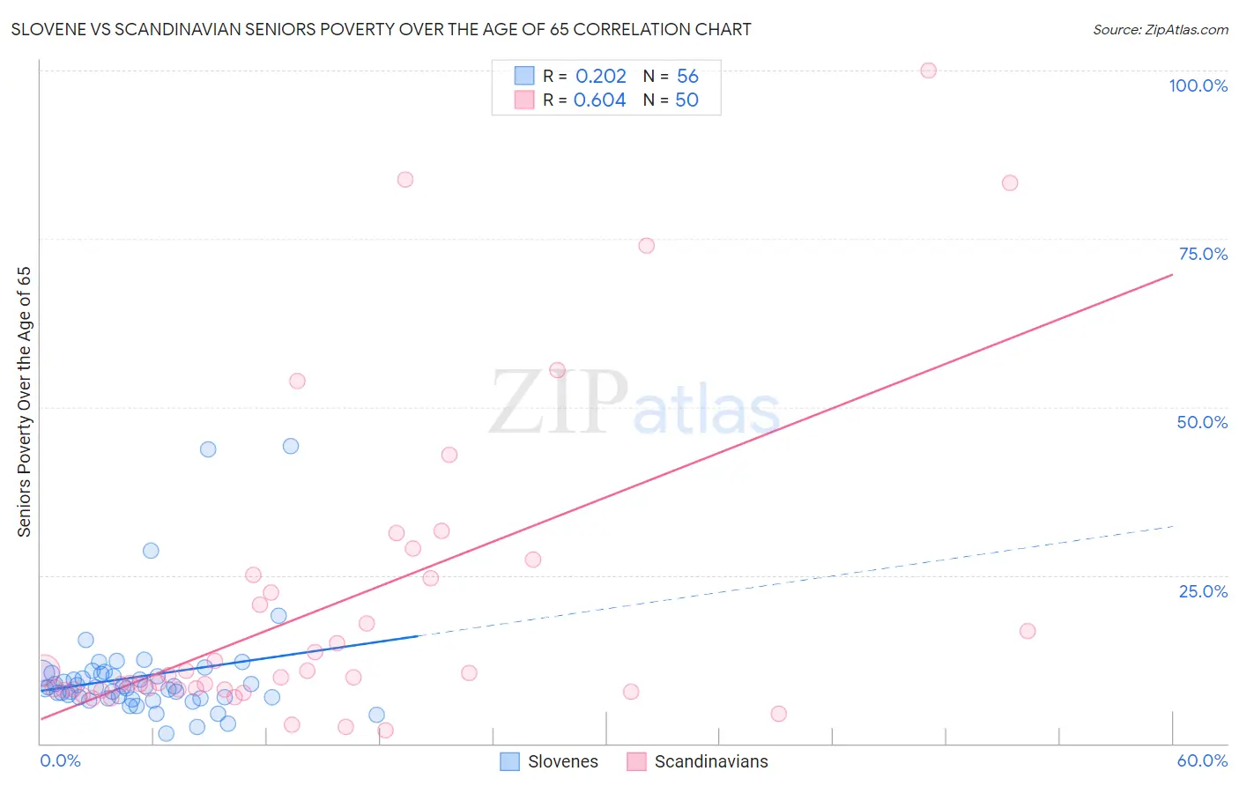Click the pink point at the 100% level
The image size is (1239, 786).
[x=928, y=70]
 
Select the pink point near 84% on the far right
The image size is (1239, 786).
[x=1010, y=183]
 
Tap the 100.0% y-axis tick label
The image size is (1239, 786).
[x=1198, y=85]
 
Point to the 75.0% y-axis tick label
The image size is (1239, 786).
[x=1203, y=254]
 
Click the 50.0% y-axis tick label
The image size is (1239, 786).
[x=1202, y=422]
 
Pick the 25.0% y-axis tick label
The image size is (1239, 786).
[x=1203, y=591]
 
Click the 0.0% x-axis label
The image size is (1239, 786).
[x=60, y=760]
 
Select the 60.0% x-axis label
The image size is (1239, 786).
[x=1202, y=760]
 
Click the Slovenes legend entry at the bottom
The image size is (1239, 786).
[x=549, y=761]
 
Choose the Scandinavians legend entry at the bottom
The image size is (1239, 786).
[x=697, y=761]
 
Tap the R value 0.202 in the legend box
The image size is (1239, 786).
[x=600, y=76]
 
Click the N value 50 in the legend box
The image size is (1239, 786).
[x=686, y=100]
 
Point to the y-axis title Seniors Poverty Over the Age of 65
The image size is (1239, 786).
[x=25, y=402]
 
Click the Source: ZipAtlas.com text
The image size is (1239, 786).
[x=1160, y=29]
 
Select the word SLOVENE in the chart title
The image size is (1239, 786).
[x=48, y=29]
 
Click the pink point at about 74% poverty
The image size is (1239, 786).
[x=646, y=246]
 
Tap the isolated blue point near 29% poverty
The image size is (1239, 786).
[x=151, y=551]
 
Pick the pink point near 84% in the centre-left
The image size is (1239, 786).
[x=405, y=180]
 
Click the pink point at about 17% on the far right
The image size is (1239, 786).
[x=1028, y=631]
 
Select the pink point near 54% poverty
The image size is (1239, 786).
[x=297, y=382]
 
